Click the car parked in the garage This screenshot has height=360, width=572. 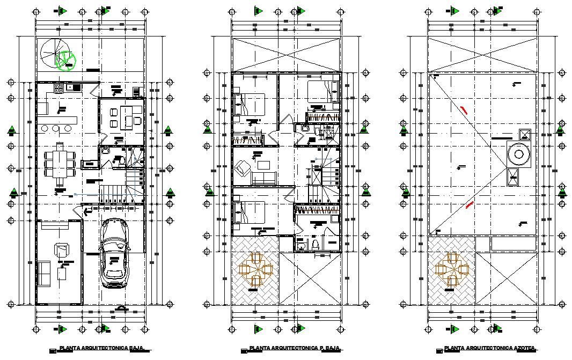114,254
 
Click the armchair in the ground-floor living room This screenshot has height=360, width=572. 62,249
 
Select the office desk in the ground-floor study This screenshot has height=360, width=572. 127,116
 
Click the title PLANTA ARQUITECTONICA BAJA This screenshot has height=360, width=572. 101,348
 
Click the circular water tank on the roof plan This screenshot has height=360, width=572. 519,155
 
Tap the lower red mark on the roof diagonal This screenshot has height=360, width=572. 470,203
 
